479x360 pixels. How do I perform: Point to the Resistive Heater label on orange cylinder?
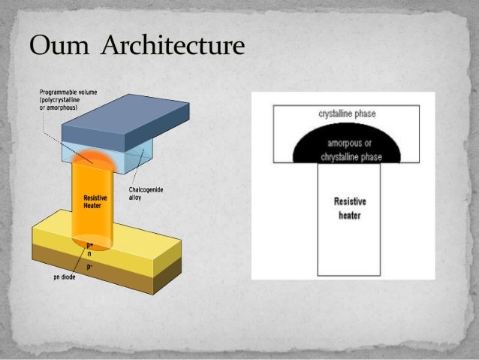click(95, 200)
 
